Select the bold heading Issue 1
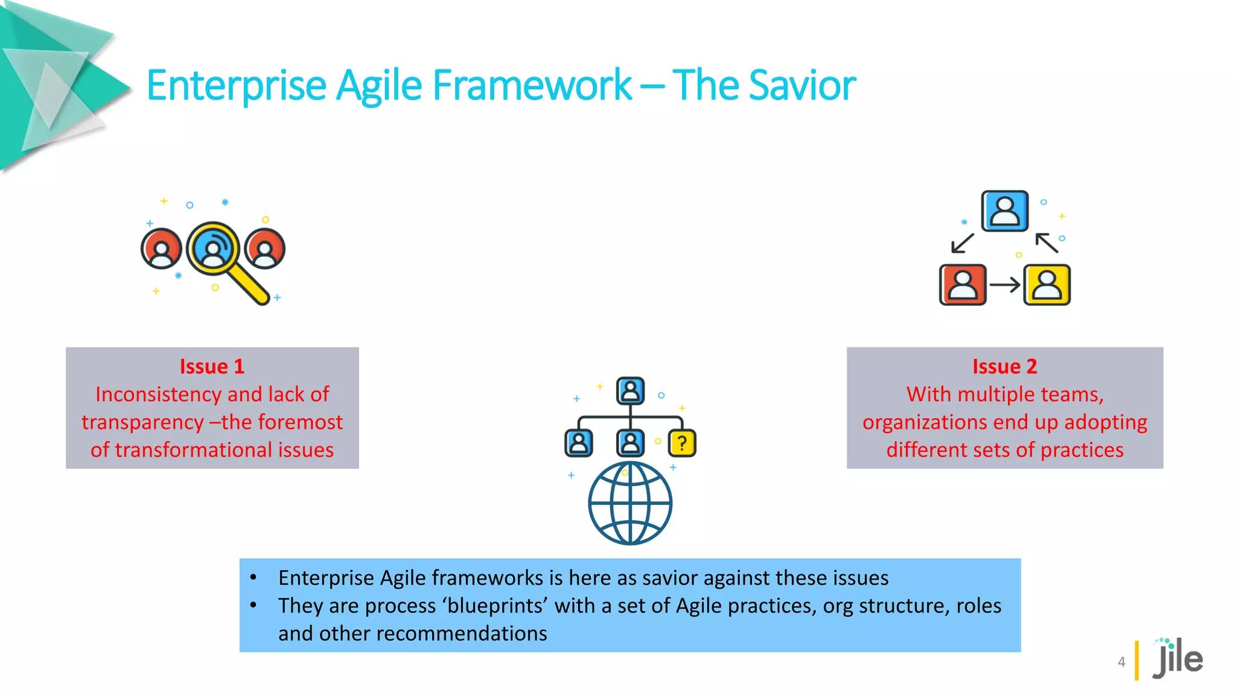coord(212,366)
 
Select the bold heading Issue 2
coord(1004,366)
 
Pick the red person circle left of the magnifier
coord(161,249)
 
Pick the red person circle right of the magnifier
coord(265,249)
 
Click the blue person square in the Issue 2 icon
coord(1004,211)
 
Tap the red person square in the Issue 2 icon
coord(963,285)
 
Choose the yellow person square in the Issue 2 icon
coord(1047,285)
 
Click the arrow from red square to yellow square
coord(1005,285)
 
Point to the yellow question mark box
coord(682,443)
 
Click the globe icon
coord(630,503)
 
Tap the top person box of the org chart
coord(630,391)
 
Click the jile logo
coord(1177,659)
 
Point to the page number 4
coord(1121,662)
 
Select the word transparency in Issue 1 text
coord(142,422)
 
